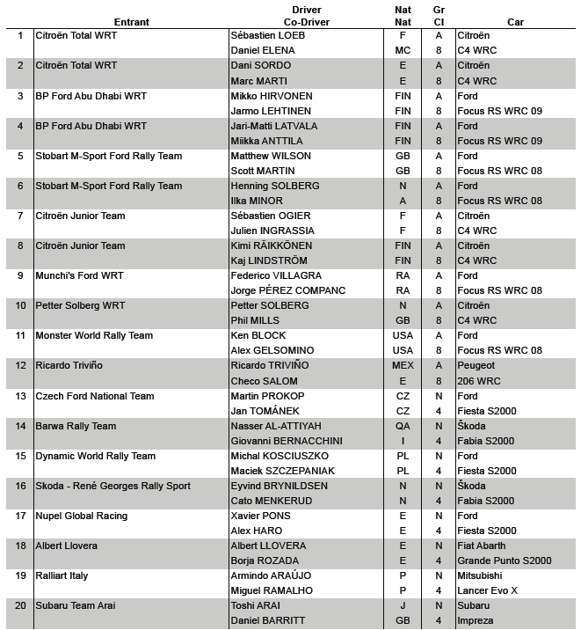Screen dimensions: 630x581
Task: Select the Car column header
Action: [x=515, y=21]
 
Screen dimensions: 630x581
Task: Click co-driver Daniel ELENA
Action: [x=262, y=51]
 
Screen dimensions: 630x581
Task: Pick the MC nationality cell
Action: [x=403, y=51]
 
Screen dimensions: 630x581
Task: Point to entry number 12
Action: [x=20, y=366]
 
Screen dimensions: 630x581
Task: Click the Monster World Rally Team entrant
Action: [x=94, y=336]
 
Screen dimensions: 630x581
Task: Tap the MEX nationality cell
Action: [x=403, y=366]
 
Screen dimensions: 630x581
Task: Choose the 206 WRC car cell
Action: [x=478, y=381]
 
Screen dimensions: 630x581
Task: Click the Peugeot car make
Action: [x=476, y=366]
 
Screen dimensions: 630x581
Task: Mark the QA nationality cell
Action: [x=403, y=426]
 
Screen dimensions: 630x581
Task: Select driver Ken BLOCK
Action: [x=258, y=336]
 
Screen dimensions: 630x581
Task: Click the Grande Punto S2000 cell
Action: [x=505, y=560]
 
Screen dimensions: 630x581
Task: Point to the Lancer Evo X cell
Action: [x=488, y=590]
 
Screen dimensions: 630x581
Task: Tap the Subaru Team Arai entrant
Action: [x=75, y=605]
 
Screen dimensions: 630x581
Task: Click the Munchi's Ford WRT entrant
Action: [x=79, y=276]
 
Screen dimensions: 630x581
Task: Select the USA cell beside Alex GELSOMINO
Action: [x=403, y=351]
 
